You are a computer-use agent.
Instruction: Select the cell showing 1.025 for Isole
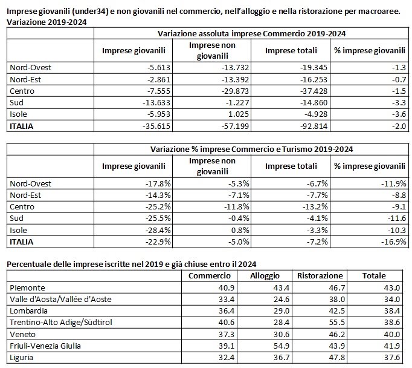click(238, 114)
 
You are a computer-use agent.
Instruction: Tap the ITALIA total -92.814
click(314, 126)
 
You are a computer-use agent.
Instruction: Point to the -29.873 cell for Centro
click(235, 91)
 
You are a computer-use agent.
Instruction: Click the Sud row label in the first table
click(16, 102)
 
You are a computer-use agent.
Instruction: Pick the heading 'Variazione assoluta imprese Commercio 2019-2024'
click(251, 34)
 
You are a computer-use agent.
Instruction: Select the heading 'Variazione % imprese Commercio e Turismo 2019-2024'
click(251, 149)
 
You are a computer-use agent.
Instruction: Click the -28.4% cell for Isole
click(158, 230)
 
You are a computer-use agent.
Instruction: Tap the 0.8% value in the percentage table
click(240, 230)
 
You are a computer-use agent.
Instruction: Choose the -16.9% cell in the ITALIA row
click(394, 241)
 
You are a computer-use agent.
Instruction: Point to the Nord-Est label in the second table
click(25, 195)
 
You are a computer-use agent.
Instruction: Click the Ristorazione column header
click(320, 275)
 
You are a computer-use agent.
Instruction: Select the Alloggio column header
click(265, 275)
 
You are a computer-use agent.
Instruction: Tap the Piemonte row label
click(27, 287)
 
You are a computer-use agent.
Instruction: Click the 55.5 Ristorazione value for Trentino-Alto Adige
click(337, 322)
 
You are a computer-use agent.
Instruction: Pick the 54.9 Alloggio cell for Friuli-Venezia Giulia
click(282, 346)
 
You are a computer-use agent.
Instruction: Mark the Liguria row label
click(21, 358)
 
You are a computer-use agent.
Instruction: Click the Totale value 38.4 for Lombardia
click(392, 311)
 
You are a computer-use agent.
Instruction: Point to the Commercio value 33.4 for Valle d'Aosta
click(227, 299)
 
